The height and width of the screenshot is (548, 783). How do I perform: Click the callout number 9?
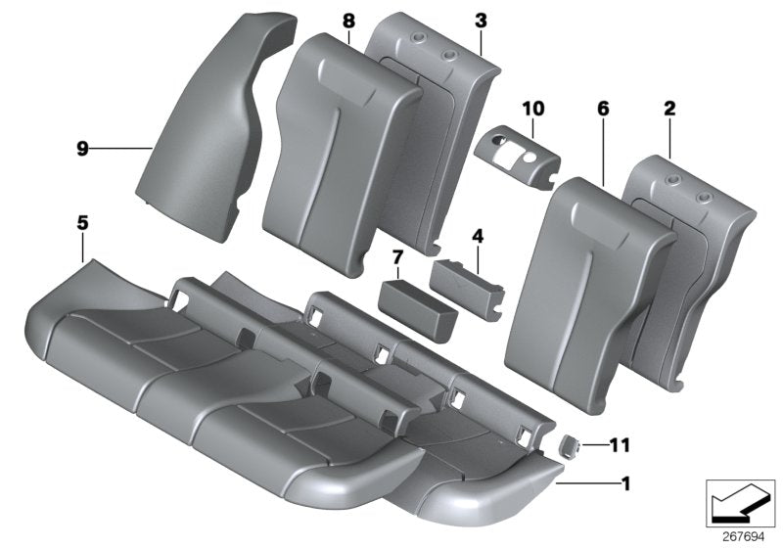82,149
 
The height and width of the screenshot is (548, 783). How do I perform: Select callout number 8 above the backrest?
349,21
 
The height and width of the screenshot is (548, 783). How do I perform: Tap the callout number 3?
480,21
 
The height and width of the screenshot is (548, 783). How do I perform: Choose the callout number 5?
82,224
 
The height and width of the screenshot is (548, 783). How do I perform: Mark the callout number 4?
478,236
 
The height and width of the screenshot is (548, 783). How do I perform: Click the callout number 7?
396,256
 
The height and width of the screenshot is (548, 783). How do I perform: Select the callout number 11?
620,445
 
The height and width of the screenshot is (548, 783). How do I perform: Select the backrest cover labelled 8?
343,137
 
